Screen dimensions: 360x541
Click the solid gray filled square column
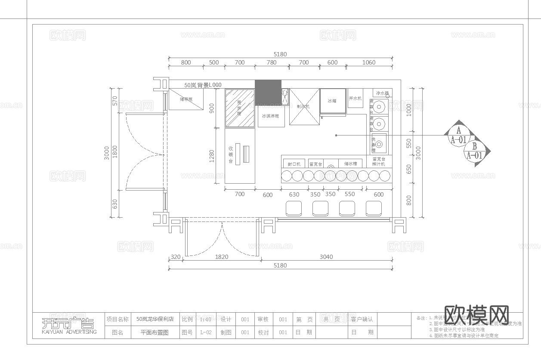coord(268,92)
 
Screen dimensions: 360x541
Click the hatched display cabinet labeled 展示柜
coord(240,108)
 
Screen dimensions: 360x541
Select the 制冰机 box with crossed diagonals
coord(304,107)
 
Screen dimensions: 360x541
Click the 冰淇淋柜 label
coord(271,116)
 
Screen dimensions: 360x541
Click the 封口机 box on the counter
coord(294,164)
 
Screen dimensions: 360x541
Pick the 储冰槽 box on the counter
coord(350,164)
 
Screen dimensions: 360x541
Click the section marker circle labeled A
coord(458,135)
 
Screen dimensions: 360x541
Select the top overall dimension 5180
coord(280,54)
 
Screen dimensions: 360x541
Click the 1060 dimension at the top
coord(369,62)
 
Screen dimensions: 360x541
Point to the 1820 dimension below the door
coord(221,257)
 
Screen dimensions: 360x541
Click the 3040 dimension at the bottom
coord(326,257)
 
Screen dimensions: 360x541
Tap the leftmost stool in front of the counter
coord(294,208)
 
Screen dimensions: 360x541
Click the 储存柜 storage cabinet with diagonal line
coord(186,99)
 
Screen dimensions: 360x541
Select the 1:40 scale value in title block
coord(205,319)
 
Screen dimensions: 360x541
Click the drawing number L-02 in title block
coord(206,332)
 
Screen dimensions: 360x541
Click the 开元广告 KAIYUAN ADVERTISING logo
coord(68,326)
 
